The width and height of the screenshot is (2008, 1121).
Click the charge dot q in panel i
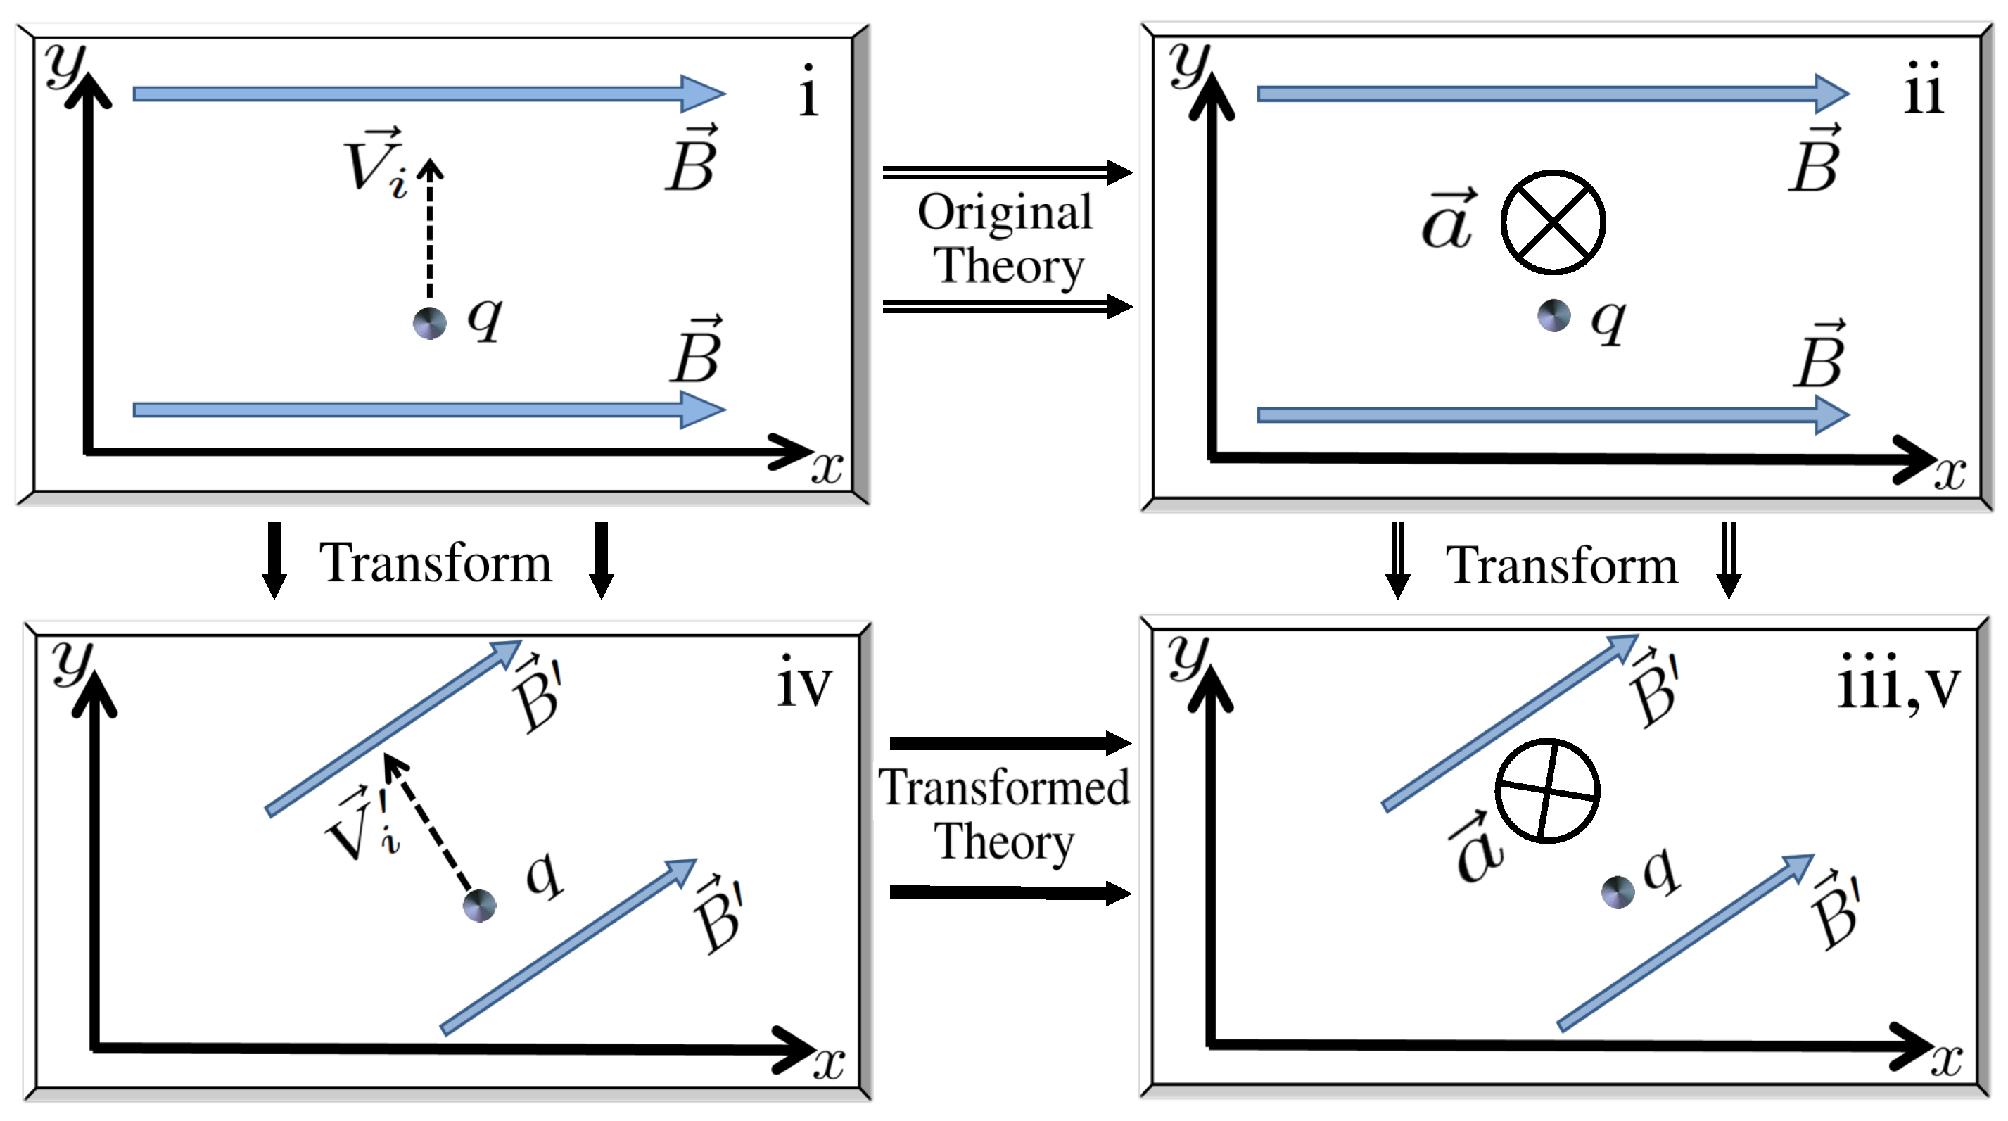[429, 323]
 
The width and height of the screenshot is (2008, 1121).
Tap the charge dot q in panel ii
[1553, 316]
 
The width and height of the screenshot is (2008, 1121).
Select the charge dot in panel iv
[479, 906]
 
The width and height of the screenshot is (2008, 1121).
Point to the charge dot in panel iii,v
[1618, 892]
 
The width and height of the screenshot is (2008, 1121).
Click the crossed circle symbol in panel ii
[1553, 223]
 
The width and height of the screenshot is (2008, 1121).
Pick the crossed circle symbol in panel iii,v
[1547, 790]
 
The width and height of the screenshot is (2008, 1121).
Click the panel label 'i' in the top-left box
[808, 92]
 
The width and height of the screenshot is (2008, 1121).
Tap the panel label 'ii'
[1924, 89]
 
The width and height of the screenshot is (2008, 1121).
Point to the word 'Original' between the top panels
[1005, 212]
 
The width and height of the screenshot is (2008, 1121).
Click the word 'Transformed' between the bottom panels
[1004, 787]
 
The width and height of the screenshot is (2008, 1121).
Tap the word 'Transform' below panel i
[435, 562]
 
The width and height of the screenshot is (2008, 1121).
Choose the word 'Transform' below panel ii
[1561, 564]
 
